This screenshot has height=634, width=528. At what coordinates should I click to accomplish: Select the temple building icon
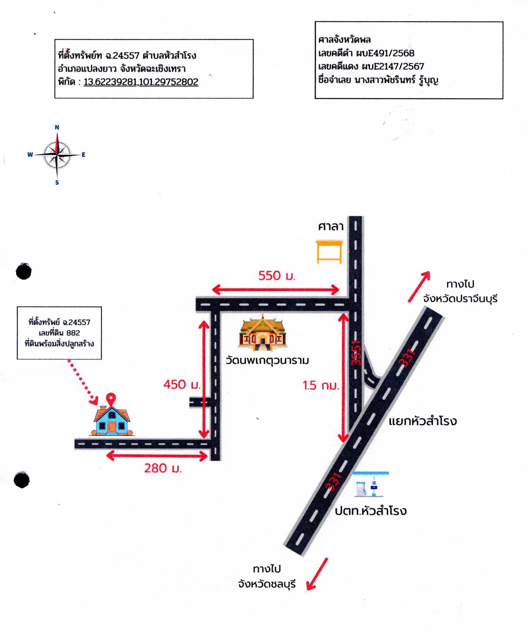point(262,331)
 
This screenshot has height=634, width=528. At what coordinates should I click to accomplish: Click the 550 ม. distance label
point(277,275)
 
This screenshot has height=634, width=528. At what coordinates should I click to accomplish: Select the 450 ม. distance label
point(181,384)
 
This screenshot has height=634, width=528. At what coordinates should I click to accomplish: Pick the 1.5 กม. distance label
point(321,385)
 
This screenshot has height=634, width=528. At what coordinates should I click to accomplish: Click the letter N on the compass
point(57,127)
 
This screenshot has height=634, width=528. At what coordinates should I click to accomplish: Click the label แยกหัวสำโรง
point(422,421)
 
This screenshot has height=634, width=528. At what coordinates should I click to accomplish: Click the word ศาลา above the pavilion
point(331,226)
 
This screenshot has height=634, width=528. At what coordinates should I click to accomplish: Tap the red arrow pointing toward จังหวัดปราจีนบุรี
point(419,286)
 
